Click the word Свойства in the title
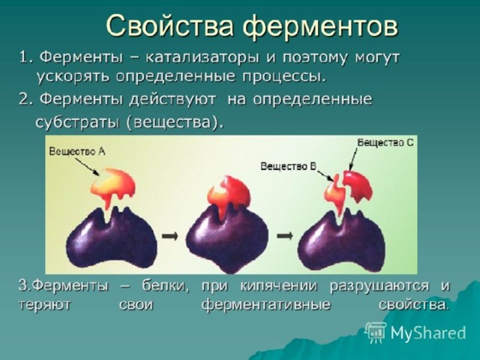point(169,25)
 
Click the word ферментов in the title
point(320,25)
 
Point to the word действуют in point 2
point(172,100)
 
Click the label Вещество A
point(77,151)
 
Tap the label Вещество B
point(288,166)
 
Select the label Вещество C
point(385,142)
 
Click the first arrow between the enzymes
point(169,236)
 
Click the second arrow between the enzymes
point(285,236)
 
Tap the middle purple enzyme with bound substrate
point(227,239)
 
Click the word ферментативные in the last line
point(266,305)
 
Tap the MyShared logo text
point(428,333)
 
